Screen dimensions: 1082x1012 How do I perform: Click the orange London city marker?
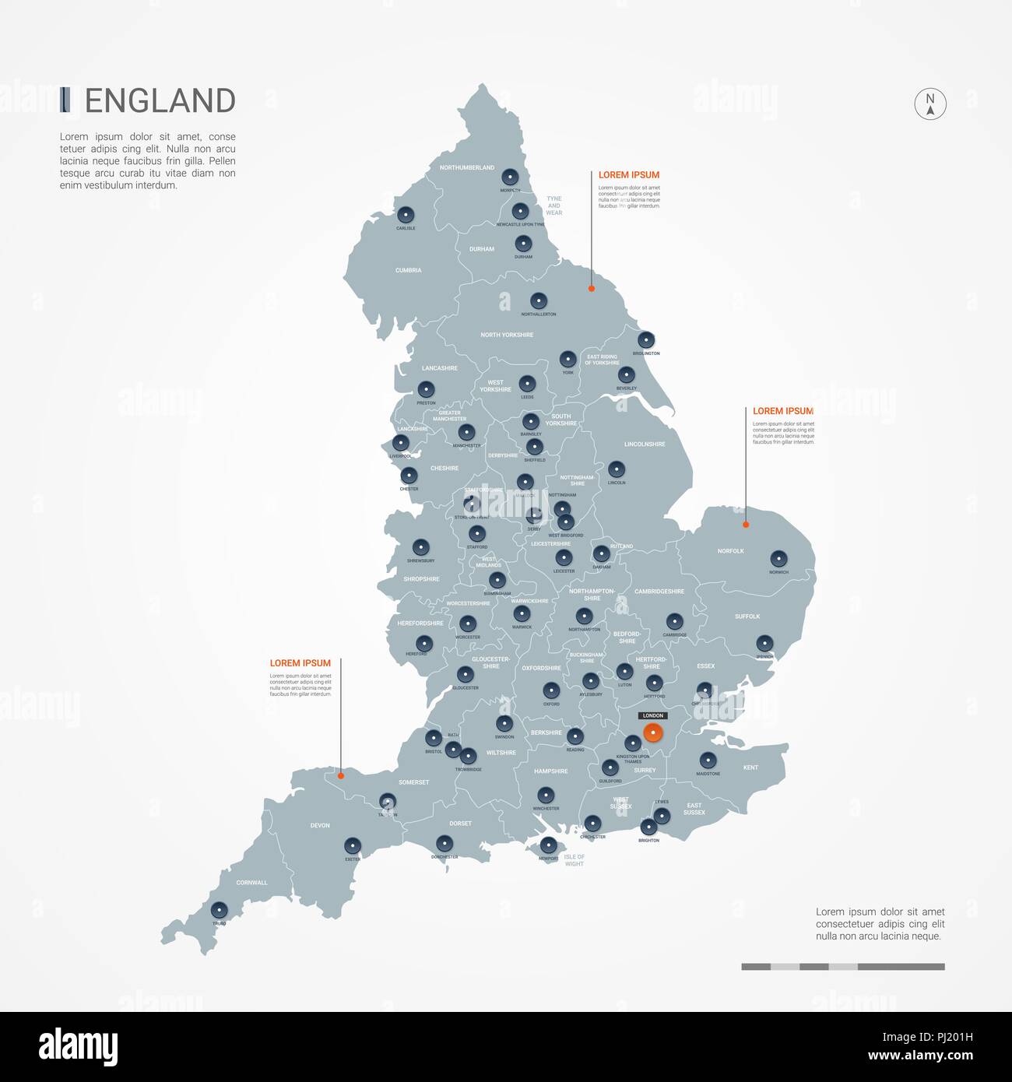coord(652,732)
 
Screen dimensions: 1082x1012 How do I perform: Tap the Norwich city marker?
coord(778,559)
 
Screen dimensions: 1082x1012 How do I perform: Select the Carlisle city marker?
coord(405,215)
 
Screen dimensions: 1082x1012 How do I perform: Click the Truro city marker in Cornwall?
coord(219,909)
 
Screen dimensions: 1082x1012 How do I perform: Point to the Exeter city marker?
coord(352,845)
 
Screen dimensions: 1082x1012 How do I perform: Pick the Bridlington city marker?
coord(645,340)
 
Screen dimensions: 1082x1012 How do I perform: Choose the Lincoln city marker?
coord(616,469)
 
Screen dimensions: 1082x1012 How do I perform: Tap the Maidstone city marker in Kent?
coord(708,760)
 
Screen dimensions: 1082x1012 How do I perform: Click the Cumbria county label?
coord(408,270)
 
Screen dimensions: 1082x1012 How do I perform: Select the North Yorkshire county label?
coord(507,335)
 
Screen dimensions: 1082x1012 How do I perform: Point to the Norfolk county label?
coord(730,551)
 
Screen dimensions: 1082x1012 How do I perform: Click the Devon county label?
coord(320,825)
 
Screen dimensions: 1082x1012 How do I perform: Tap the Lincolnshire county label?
coord(645,444)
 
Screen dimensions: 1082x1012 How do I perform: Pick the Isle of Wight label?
coord(574,860)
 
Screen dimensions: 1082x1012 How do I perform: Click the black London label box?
coord(652,715)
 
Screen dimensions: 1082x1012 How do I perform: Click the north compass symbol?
coord(929,104)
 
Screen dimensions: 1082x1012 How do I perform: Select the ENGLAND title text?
coord(160,101)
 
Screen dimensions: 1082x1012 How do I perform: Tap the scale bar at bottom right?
coord(842,967)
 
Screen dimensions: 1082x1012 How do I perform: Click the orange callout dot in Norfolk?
coord(746,525)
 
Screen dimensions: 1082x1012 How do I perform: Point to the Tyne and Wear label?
coord(553,206)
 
